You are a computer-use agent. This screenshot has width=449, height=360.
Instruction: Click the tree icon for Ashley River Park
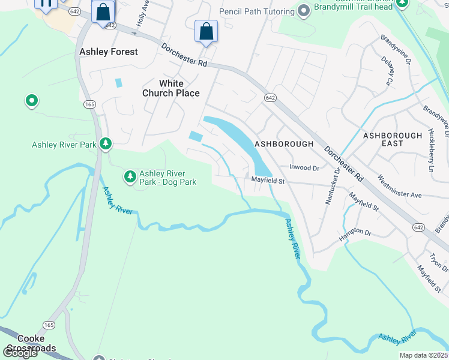click(x=106, y=143)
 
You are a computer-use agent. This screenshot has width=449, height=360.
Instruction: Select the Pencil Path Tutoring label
click(x=256, y=11)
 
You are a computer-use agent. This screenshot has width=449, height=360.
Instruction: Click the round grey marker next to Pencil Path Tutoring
click(x=304, y=10)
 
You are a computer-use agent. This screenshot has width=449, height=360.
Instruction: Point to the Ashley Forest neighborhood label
click(x=109, y=52)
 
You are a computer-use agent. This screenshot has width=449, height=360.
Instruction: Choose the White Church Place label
click(x=170, y=88)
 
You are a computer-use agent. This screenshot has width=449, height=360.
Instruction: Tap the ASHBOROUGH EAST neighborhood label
click(x=393, y=140)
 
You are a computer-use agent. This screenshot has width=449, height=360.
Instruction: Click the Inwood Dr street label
click(x=304, y=169)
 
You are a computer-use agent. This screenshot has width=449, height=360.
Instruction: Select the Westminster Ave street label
click(x=399, y=187)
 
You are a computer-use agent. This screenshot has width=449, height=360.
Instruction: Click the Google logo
click(x=19, y=353)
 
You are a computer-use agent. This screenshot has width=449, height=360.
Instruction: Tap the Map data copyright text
click(x=423, y=355)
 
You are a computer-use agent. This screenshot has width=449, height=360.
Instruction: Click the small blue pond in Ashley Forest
click(x=118, y=82)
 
